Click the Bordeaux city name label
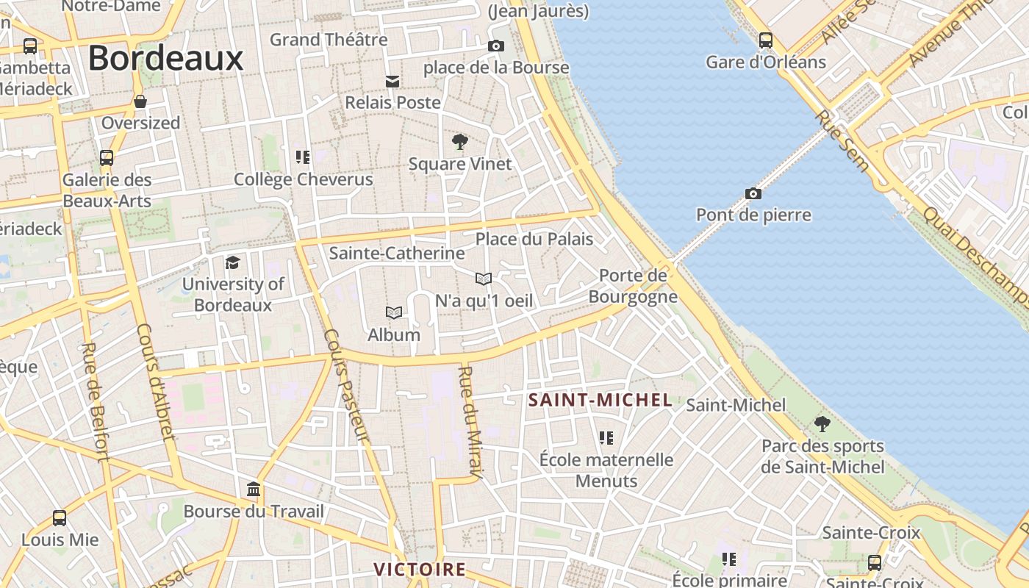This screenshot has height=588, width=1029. click(x=165, y=58)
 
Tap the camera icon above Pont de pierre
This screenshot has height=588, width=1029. click(x=753, y=194)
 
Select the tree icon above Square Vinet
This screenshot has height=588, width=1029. click(x=460, y=142)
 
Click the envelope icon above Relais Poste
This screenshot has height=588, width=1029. click(x=393, y=81)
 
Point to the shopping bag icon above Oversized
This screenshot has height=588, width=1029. click(x=140, y=101)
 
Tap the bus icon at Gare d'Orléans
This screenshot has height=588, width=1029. click(x=765, y=40)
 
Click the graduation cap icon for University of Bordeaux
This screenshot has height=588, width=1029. click(x=232, y=262)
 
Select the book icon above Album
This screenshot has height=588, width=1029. click(x=394, y=313)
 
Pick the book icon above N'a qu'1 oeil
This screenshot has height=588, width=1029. click(x=483, y=279)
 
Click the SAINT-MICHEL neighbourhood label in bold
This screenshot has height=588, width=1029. click(x=600, y=401)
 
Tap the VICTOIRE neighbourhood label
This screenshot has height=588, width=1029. click(x=420, y=570)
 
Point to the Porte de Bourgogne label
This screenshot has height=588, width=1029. click(x=633, y=286)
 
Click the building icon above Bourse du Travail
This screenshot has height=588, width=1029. click(x=254, y=490)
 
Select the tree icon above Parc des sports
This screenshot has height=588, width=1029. click(x=822, y=424)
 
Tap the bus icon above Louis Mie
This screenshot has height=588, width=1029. click(x=60, y=518)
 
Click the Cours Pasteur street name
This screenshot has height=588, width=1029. click(x=345, y=385)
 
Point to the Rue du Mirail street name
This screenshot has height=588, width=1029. click(x=468, y=422)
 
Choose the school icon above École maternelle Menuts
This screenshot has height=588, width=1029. click(x=606, y=438)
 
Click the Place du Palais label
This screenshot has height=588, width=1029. click(x=534, y=239)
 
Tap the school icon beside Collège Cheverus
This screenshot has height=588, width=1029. click(x=303, y=157)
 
